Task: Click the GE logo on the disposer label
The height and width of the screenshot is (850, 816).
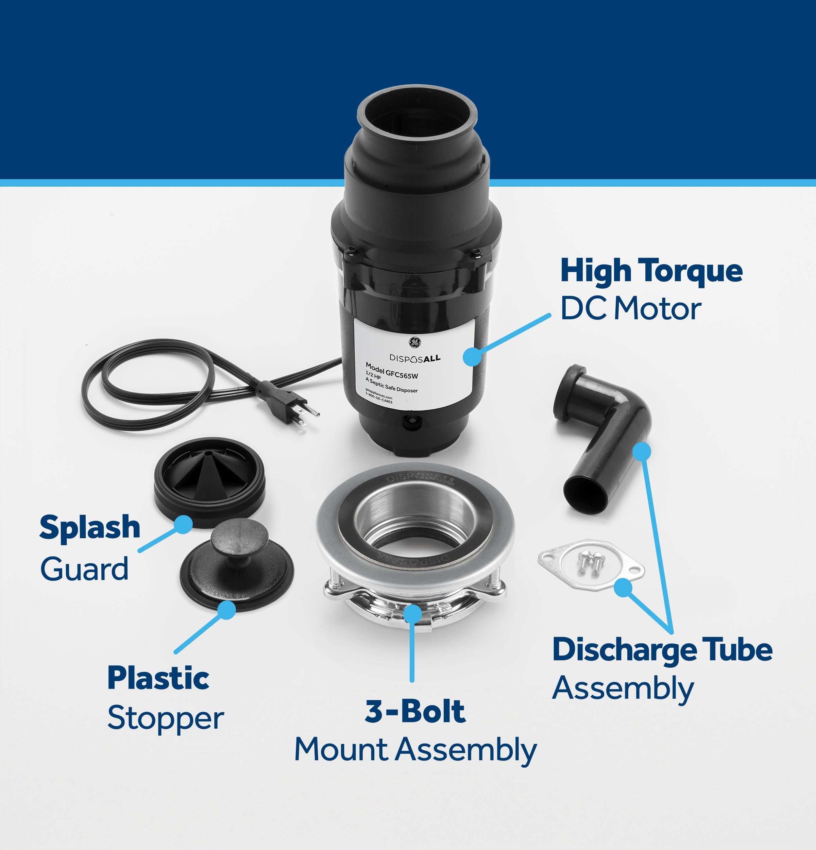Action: (x=414, y=342)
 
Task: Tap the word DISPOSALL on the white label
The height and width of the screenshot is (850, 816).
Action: (x=415, y=358)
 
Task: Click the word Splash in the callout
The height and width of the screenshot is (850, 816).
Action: (x=90, y=528)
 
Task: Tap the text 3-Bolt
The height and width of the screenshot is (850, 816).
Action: (x=415, y=710)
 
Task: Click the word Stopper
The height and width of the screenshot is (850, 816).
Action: (x=166, y=718)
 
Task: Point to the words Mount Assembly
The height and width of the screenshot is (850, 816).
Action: (x=415, y=749)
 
